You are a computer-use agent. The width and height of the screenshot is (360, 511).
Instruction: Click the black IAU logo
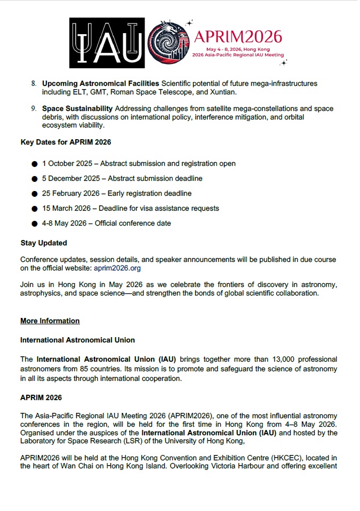107,43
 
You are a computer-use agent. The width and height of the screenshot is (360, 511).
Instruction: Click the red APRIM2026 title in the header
238,36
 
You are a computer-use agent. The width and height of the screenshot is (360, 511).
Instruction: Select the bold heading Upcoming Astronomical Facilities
101,84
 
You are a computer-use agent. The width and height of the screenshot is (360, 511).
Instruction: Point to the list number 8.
34,84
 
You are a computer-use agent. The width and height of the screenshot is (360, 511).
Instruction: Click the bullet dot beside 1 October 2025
35,164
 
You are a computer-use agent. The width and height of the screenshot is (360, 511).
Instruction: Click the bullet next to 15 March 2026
35,209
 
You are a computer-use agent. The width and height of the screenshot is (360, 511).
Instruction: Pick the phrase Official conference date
133,223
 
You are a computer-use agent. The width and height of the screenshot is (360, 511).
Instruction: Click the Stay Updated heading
44,243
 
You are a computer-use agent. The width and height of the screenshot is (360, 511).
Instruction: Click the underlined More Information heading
50,321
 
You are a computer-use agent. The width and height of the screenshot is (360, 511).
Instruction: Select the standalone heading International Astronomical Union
77,340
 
